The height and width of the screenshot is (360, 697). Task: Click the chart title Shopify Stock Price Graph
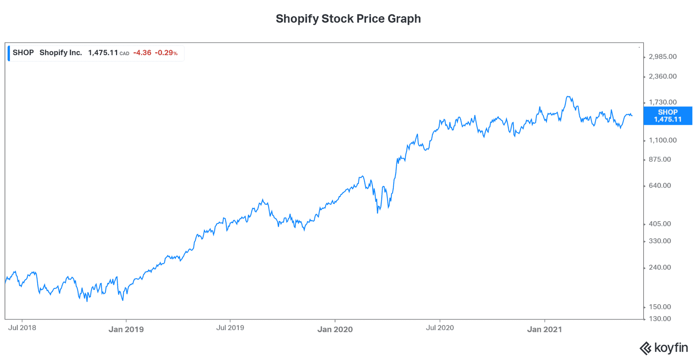[x=348, y=19]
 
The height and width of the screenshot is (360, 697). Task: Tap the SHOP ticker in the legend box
[x=23, y=53]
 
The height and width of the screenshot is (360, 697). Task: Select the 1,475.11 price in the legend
[x=103, y=53]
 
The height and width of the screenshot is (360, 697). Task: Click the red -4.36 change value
[x=142, y=53]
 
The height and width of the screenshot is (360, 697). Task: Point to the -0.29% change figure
[x=166, y=53]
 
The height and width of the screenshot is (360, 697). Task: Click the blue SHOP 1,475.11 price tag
[x=668, y=116]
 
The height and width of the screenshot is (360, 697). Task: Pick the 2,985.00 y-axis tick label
[x=662, y=57]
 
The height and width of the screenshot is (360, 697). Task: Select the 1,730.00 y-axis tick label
[x=662, y=102]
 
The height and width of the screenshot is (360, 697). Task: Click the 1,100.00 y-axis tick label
[x=662, y=140]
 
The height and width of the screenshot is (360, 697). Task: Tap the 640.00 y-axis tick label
[x=660, y=185]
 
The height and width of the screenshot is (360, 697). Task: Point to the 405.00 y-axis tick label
[x=660, y=224]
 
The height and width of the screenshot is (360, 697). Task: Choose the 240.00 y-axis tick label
[x=660, y=267]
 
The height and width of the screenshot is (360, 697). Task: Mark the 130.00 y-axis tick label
[x=660, y=319]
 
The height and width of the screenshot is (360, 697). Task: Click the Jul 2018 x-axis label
[x=22, y=328]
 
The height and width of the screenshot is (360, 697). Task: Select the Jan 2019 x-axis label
[x=126, y=329]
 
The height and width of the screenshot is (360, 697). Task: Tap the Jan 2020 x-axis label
[x=335, y=329]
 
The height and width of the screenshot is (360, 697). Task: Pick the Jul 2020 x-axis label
[x=440, y=328]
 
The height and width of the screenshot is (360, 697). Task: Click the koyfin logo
[x=664, y=348]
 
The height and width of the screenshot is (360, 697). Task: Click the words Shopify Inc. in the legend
[x=61, y=53]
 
